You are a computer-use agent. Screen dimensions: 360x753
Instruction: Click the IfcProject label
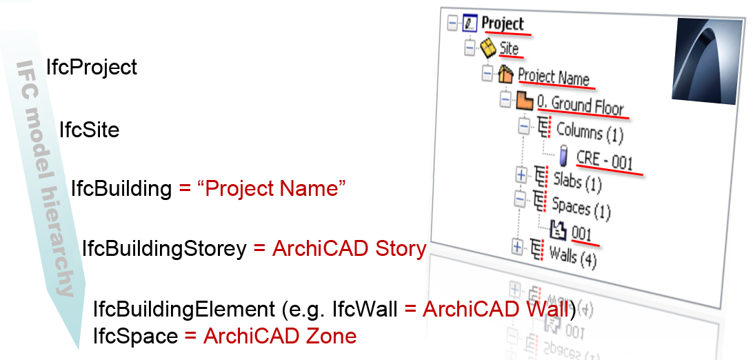[92, 68]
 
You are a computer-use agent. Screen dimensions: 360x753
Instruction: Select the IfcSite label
[89, 130]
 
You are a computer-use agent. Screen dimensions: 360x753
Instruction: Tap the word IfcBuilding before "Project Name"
[121, 188]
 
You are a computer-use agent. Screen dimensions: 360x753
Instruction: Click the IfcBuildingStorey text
[164, 249]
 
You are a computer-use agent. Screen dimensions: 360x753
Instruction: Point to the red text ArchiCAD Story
[349, 249]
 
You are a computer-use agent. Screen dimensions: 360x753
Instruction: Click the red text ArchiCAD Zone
[279, 337]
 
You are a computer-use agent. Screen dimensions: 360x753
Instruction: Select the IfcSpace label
[135, 337]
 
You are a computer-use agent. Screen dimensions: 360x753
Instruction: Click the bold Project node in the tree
[503, 23]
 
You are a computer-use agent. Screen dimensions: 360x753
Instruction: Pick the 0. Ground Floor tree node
[581, 106]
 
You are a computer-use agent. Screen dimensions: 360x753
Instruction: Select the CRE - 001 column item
[604, 160]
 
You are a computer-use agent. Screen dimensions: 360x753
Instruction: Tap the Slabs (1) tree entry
[577, 182]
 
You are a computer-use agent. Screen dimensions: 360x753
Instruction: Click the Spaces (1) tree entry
[581, 207]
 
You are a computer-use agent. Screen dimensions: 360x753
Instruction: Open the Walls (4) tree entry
[572, 255]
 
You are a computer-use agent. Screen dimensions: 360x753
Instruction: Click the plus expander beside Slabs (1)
[521, 174]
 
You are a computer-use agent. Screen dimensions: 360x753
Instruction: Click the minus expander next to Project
[452, 23]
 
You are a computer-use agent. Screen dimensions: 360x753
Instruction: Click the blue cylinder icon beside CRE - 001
[563, 156]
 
